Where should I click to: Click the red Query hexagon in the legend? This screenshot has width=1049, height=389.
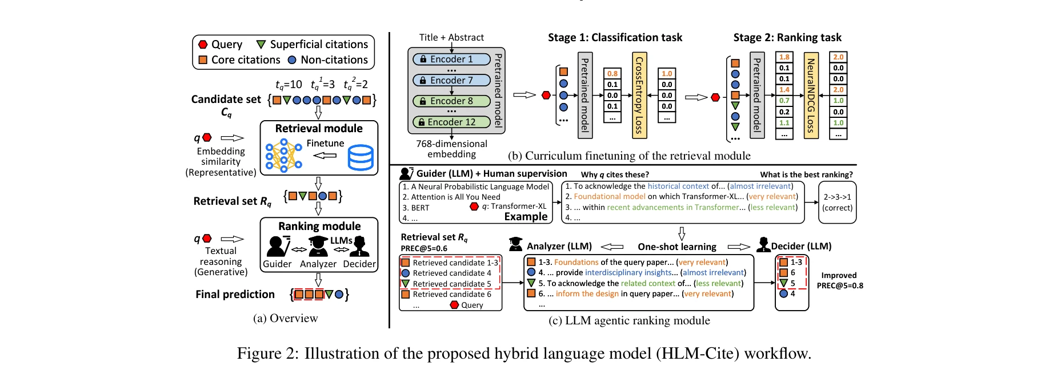[x=203, y=44]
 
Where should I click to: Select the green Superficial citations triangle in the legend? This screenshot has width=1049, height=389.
[x=261, y=44]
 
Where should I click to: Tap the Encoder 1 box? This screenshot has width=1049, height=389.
[x=451, y=59]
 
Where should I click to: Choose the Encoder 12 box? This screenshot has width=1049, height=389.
[x=451, y=122]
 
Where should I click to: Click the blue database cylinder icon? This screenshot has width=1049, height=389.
[x=361, y=157]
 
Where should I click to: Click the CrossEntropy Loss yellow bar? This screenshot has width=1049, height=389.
[x=639, y=96]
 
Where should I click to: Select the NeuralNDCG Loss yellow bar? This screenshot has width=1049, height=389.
[x=811, y=96]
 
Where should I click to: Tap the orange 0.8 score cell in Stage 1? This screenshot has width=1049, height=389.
[x=612, y=73]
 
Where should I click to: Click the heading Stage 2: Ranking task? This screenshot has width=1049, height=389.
[x=787, y=38]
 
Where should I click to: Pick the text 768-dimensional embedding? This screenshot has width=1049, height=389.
[x=451, y=149]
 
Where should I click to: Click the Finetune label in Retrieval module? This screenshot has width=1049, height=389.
[x=325, y=143]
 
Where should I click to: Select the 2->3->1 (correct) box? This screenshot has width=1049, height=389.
[x=837, y=202]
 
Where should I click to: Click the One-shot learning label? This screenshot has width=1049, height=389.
[x=677, y=247]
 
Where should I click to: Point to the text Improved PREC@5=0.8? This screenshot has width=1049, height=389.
[x=839, y=280]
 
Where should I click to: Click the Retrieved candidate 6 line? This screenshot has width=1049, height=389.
[x=451, y=294]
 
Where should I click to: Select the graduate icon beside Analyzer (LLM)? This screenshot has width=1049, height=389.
[x=515, y=245]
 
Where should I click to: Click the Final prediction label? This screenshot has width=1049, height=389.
[x=235, y=294]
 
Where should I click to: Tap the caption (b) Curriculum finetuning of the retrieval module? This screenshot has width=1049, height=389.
[x=628, y=156]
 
